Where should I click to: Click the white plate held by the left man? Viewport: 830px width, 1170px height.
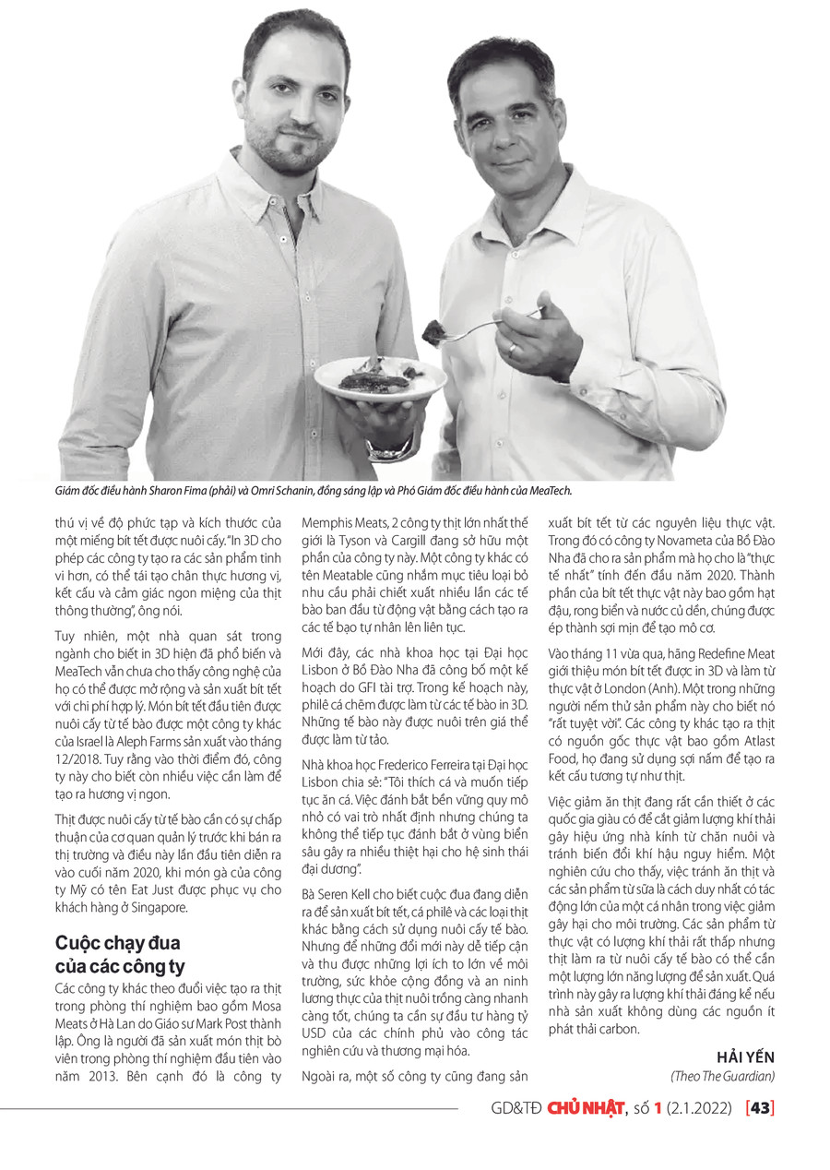point(380,378)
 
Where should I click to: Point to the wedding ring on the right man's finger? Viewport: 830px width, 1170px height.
point(514,350)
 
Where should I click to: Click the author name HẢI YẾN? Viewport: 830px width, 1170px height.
point(745,1057)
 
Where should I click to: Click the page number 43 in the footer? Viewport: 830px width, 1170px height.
point(761,1108)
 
